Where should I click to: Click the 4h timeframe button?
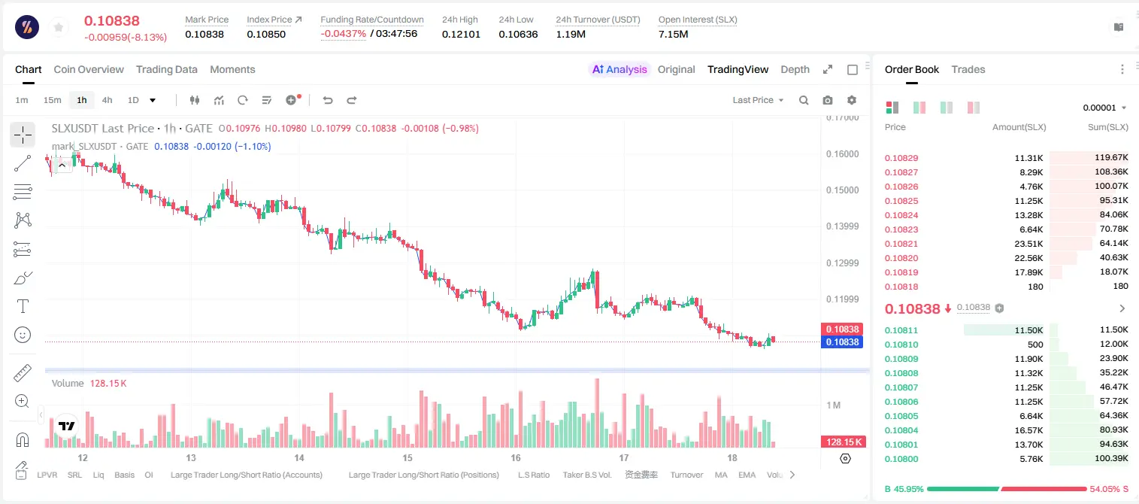click(107, 100)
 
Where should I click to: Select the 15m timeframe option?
click(52, 100)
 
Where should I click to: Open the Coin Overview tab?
click(89, 69)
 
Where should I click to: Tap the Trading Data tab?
click(166, 69)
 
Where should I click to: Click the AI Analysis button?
click(619, 69)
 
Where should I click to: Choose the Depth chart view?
click(795, 69)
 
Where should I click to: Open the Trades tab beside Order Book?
click(968, 69)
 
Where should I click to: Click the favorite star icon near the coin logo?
click(59, 28)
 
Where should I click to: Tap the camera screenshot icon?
click(828, 100)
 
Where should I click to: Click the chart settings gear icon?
click(852, 100)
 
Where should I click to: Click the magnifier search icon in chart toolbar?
click(804, 100)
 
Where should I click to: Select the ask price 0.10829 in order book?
click(901, 158)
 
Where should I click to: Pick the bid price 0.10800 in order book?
click(901, 459)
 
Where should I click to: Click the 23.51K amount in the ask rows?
click(1028, 244)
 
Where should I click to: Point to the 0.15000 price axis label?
click(843, 190)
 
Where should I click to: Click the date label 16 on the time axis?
click(516, 457)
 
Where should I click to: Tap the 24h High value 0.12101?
click(461, 34)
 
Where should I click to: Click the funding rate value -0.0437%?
click(344, 34)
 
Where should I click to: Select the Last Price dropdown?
click(758, 100)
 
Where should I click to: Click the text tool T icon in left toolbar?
click(23, 306)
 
